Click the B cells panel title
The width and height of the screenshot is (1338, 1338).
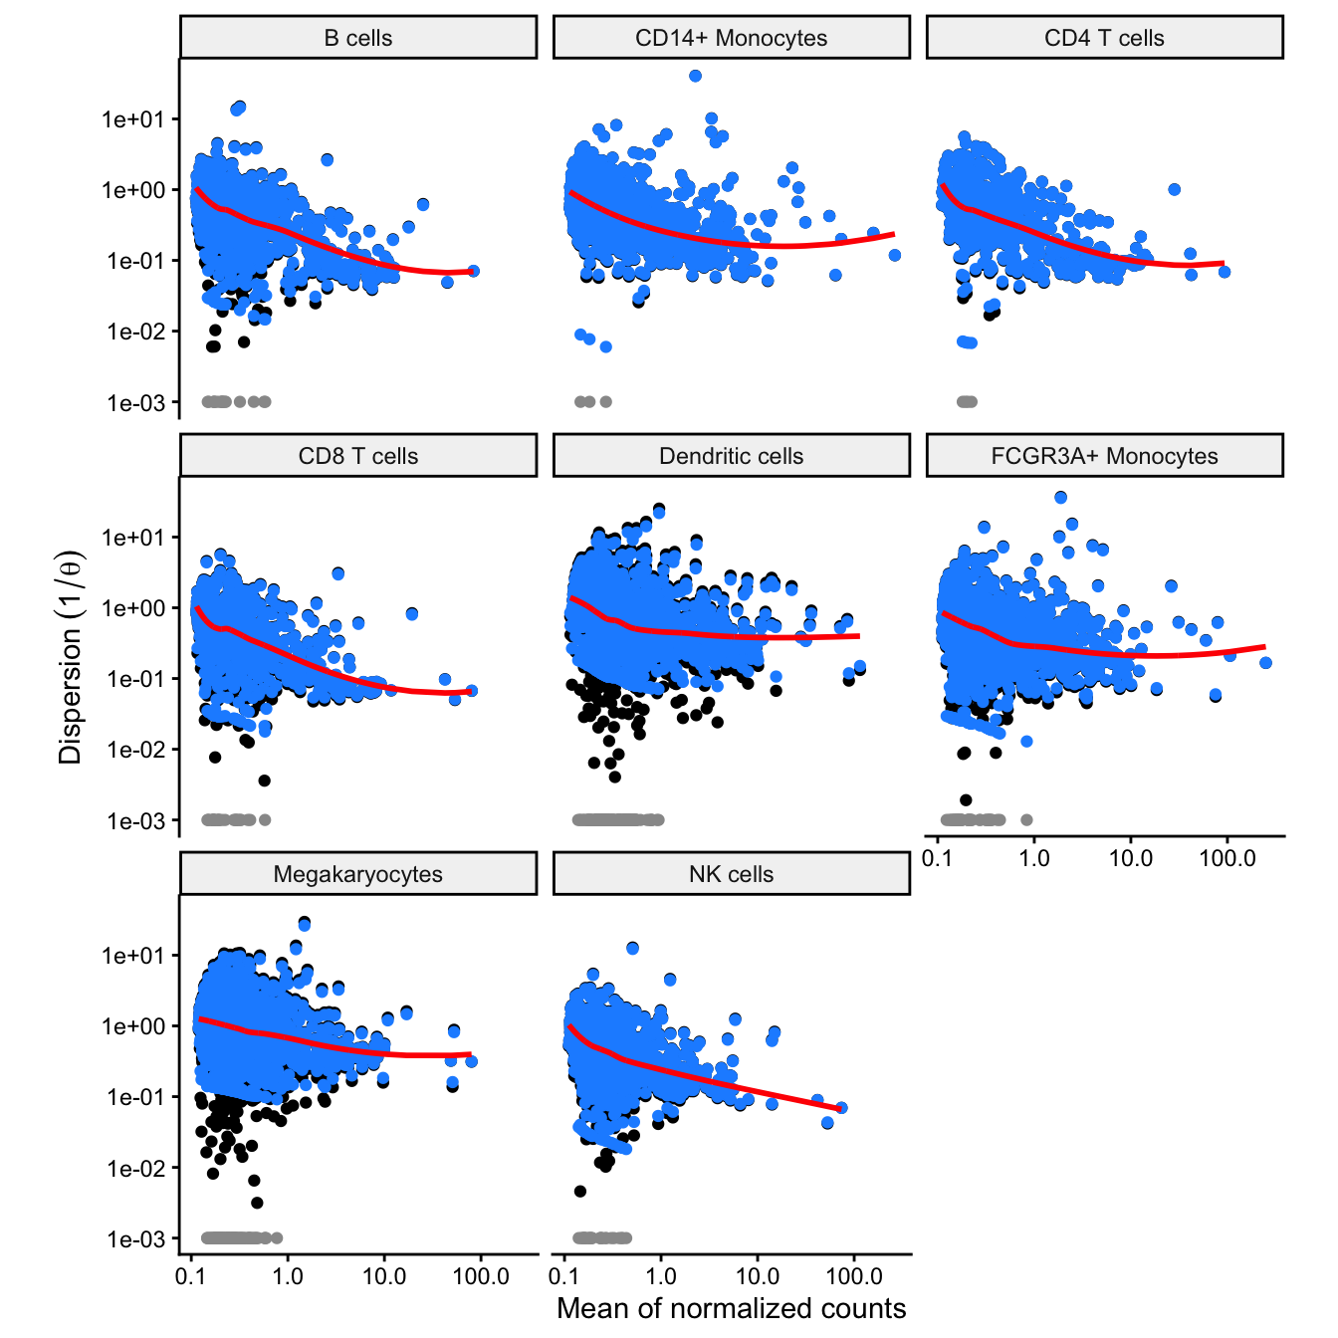pos(358,39)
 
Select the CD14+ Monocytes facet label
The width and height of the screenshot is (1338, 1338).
pos(731,39)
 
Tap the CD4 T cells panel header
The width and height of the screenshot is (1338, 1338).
pos(1104,39)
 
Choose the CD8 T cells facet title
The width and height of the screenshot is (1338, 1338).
pos(358,457)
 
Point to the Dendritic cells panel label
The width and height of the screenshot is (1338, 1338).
pos(731,457)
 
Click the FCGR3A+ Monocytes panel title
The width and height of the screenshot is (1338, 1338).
pos(1104,457)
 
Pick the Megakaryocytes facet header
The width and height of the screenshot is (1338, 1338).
pos(358,875)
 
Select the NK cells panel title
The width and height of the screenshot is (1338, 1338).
pos(731,875)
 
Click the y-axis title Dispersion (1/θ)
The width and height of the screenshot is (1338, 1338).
pos(71,657)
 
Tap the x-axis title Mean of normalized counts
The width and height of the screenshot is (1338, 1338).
pos(731,1308)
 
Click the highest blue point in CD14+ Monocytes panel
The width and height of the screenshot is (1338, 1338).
pos(695,76)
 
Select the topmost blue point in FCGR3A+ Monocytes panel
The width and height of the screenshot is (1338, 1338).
pos(1060,497)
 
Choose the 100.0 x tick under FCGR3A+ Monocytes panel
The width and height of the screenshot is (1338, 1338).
pos(1227,858)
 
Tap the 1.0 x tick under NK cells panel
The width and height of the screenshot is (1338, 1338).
pos(661,1276)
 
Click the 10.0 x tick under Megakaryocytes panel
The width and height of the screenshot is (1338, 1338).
pos(384,1276)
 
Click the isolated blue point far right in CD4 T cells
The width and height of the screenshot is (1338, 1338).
pos(1174,189)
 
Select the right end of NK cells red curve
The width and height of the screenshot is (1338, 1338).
pos(838,1108)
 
